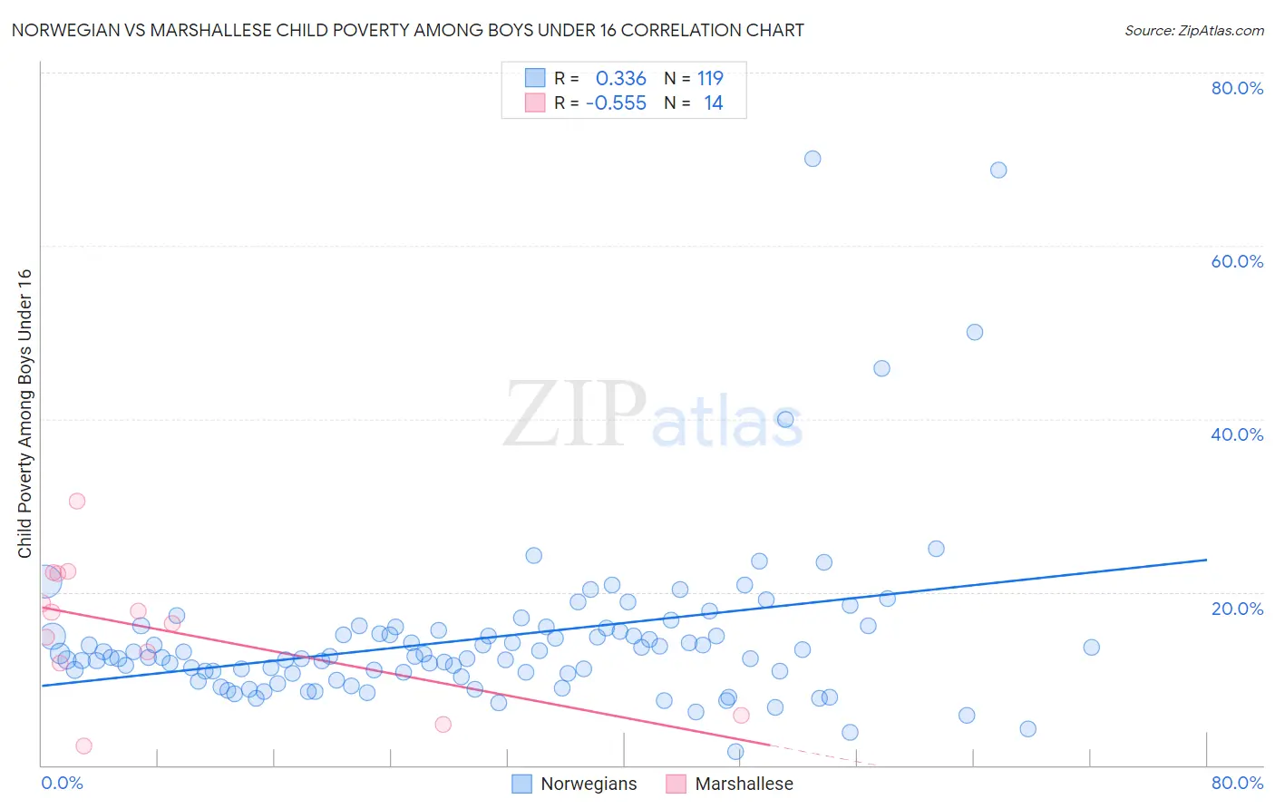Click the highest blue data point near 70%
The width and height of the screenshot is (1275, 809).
pos(813,159)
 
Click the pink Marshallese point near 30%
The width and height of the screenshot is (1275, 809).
pos(77,501)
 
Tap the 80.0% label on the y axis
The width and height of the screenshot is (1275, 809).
pos(1237,88)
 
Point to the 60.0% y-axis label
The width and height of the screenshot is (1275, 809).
pos(1237,261)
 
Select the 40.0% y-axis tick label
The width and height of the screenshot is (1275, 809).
pos(1237,434)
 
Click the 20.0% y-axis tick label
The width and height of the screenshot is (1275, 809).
pos(1237,608)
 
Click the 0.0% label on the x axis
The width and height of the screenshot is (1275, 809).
pos(63,783)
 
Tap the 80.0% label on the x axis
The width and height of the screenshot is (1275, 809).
pos(1237,783)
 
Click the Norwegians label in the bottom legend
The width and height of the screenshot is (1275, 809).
pos(589,784)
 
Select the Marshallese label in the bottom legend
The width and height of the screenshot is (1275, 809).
pos(744,784)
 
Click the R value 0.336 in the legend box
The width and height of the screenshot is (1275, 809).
pos(620,79)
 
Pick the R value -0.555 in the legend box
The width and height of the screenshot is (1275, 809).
pos(616,103)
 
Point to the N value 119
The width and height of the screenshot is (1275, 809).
pos(710,79)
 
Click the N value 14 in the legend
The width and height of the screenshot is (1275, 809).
pos(714,103)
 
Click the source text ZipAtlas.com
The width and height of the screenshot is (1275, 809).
pos(1193,31)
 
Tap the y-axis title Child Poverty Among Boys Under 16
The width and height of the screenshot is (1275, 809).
pos(25,414)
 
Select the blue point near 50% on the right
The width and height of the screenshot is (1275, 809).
pos(975,332)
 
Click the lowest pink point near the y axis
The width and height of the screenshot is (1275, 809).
pos(83,746)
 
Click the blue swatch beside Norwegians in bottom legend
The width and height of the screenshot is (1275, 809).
pos(521,784)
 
